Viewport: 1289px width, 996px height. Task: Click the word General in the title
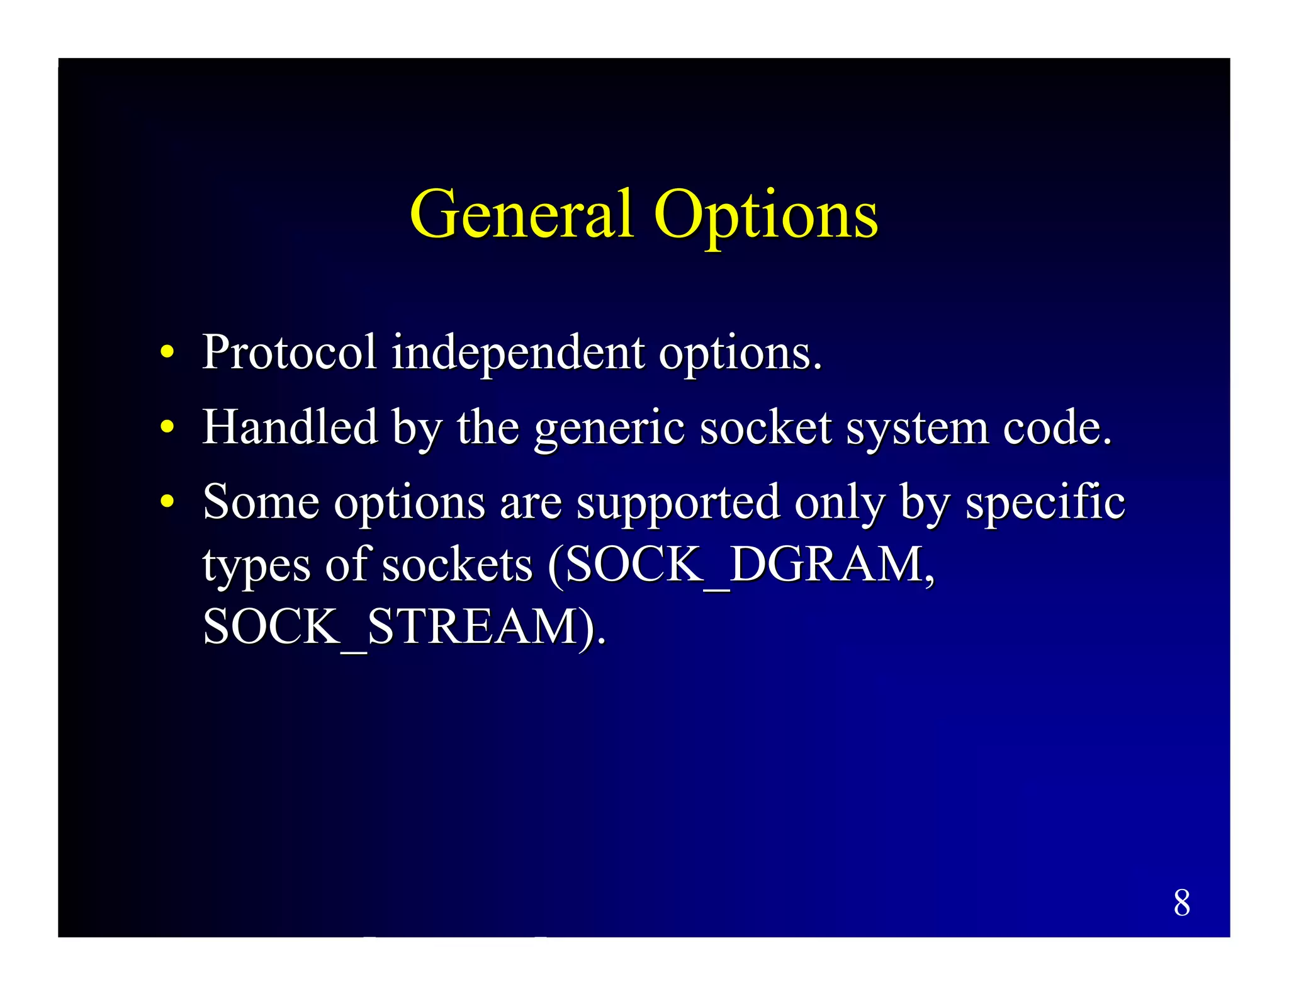point(521,215)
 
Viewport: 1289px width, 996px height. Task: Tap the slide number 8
point(1181,903)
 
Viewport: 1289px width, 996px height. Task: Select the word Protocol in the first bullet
point(289,352)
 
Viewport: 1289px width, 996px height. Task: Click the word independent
point(517,353)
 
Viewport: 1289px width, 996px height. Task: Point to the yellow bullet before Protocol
point(167,352)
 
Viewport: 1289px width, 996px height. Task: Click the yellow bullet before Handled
point(167,427)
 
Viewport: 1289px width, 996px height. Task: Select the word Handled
point(290,427)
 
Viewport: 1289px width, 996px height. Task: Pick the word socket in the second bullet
point(765,427)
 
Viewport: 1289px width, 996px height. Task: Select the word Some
point(261,502)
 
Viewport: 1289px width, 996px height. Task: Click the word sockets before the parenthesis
point(457,565)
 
